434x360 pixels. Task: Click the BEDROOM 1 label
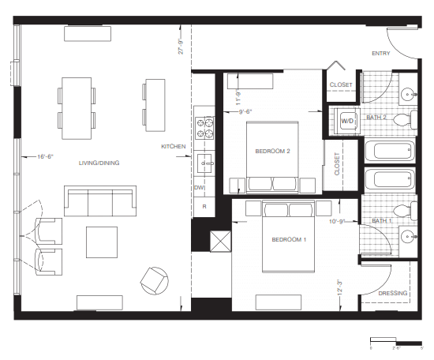pyautogui.click(x=290, y=238)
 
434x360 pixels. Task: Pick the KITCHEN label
pyautogui.click(x=174, y=147)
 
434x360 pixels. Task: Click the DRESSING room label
pyautogui.click(x=393, y=294)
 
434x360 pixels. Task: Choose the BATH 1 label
pyautogui.click(x=382, y=220)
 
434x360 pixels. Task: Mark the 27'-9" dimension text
pyautogui.click(x=181, y=47)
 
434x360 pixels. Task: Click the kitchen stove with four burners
pyautogui.click(x=205, y=126)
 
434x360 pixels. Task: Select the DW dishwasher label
pyautogui.click(x=199, y=188)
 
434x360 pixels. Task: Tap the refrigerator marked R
pyautogui.click(x=204, y=206)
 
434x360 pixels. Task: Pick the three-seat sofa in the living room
pyautogui.click(x=99, y=202)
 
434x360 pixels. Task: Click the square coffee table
pyautogui.click(x=102, y=242)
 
